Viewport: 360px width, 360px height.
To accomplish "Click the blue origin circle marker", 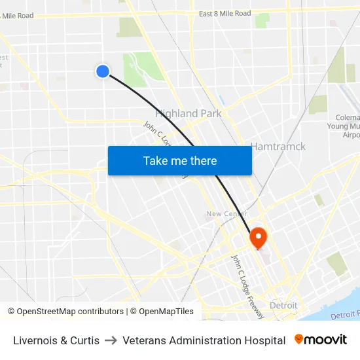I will pyautogui.click(x=103, y=71).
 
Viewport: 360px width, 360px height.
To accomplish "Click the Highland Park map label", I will pyautogui.click(x=188, y=113).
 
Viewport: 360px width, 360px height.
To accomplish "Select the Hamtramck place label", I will pyautogui.click(x=278, y=146).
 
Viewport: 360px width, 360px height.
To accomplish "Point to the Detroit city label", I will pyautogui.click(x=283, y=306).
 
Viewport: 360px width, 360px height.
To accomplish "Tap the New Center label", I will pyautogui.click(x=226, y=214).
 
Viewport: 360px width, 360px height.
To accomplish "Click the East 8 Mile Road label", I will pyautogui.click(x=225, y=13).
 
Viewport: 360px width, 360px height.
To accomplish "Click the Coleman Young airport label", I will pyautogui.click(x=344, y=126).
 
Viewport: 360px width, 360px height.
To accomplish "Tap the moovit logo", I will pyautogui.click(x=321, y=340).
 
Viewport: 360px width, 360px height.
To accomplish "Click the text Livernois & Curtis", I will pyautogui.click(x=56, y=340).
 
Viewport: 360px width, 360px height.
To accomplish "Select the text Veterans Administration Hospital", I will pyautogui.click(x=204, y=340).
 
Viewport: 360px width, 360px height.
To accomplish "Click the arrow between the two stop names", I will pyautogui.click(x=111, y=340).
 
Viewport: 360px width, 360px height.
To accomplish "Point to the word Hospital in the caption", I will pyautogui.click(x=264, y=340).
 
